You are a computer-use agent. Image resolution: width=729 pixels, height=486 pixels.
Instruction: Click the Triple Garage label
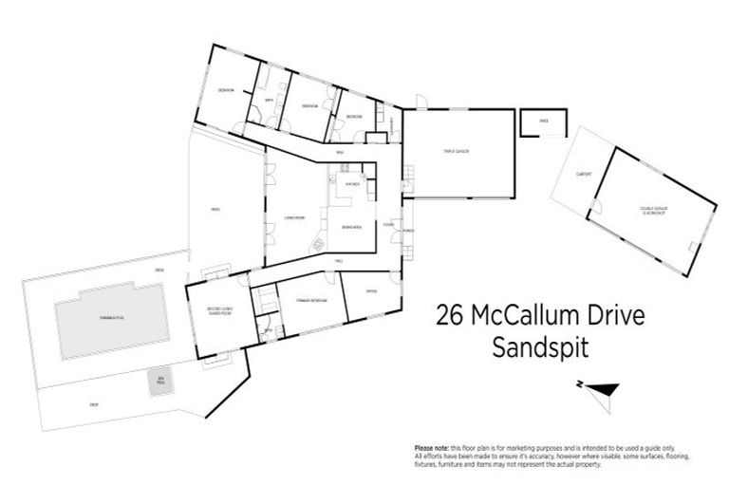(457, 151)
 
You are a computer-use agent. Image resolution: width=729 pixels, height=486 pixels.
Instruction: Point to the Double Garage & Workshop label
(651, 213)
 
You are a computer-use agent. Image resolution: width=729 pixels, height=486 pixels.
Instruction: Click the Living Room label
(293, 218)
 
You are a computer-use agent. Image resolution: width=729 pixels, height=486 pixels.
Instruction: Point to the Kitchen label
(351, 183)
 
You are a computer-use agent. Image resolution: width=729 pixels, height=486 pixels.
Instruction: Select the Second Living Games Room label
(217, 310)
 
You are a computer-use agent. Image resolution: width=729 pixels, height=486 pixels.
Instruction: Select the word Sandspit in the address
(539, 347)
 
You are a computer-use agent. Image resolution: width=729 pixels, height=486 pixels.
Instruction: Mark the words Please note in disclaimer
(432, 448)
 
